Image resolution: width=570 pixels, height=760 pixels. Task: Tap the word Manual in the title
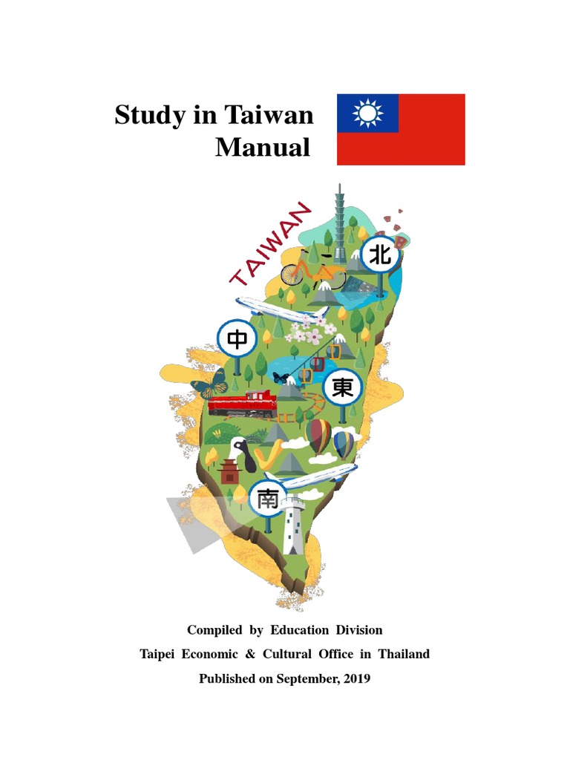click(263, 147)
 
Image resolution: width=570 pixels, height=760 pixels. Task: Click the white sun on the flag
click(367, 114)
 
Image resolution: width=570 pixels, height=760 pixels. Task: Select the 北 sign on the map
click(380, 256)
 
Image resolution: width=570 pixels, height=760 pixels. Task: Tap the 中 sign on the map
click(237, 340)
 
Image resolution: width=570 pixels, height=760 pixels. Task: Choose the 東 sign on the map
click(342, 387)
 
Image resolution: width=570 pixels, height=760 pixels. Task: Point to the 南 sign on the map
click(267, 499)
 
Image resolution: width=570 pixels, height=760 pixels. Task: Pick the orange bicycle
click(312, 272)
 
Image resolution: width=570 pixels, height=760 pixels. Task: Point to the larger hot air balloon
click(319, 436)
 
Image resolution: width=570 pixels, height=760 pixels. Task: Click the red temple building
click(230, 471)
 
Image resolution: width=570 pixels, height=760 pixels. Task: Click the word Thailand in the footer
click(404, 654)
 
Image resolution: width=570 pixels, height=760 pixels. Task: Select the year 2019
click(356, 678)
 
